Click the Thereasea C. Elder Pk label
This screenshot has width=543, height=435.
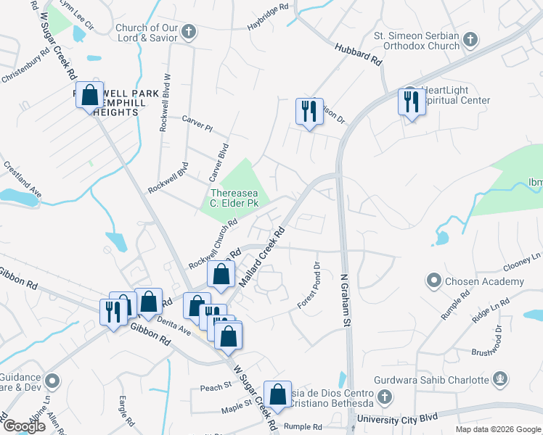pos(234,198)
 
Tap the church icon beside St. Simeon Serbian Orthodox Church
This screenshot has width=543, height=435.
pos(470,39)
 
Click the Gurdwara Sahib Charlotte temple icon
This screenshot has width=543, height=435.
pos(499,379)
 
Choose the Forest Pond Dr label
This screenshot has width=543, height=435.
pos(308,286)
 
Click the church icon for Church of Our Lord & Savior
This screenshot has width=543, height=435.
pos(189,31)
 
